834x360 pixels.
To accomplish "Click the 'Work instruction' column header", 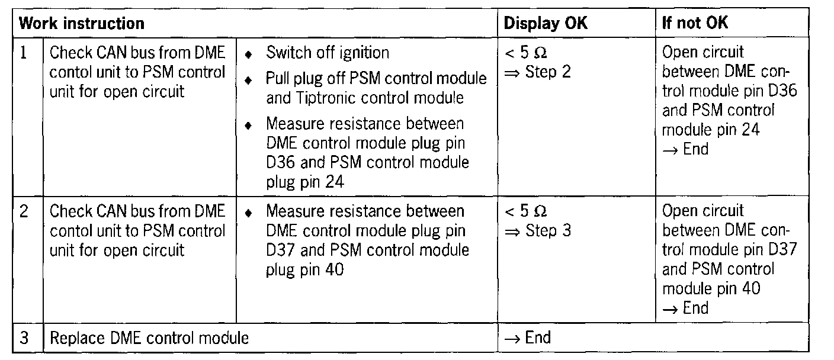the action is [x=82, y=24].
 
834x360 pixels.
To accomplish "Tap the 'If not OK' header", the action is [x=695, y=24].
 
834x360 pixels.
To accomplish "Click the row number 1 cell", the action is [x=24, y=53].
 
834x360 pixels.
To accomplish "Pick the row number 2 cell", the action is [x=24, y=211].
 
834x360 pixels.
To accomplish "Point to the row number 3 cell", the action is [x=24, y=338].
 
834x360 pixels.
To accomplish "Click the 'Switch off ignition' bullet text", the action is [x=328, y=53].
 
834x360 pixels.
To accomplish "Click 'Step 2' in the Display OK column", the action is [x=548, y=72].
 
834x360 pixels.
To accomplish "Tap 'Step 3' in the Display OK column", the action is [x=548, y=230].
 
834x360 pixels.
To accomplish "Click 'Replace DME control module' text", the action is [x=149, y=338].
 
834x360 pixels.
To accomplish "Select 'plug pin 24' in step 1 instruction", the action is [x=306, y=181].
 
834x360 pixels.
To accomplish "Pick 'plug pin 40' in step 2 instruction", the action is [x=306, y=269].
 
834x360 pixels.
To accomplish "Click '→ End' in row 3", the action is [x=527, y=337].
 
